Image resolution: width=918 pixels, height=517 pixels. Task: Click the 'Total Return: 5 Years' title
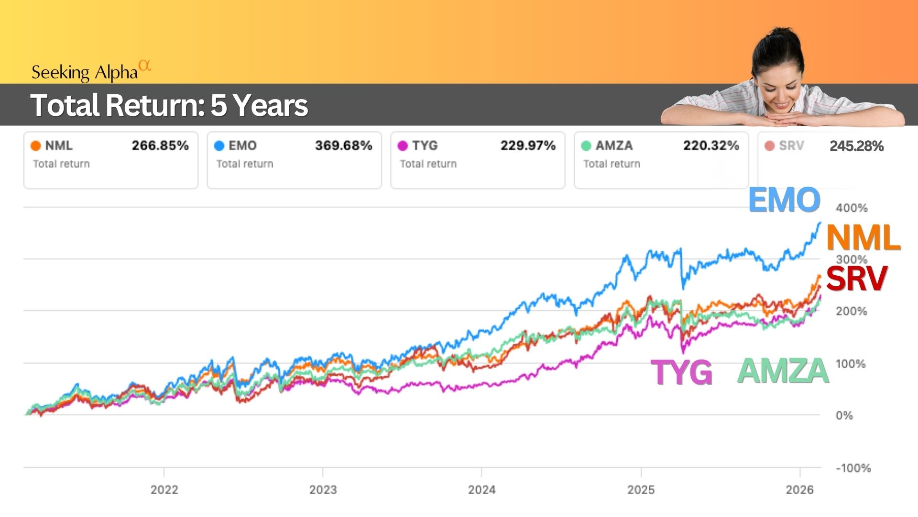click(169, 105)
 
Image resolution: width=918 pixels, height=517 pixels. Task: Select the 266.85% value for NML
click(160, 146)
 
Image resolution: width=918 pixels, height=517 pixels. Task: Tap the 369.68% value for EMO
click(343, 146)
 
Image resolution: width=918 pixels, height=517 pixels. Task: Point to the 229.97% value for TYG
click(528, 146)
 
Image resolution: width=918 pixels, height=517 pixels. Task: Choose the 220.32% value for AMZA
click(711, 146)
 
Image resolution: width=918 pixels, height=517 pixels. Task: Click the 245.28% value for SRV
click(856, 146)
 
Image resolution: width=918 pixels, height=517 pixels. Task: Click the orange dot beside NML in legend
click(35, 146)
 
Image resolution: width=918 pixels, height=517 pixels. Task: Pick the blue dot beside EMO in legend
click(219, 146)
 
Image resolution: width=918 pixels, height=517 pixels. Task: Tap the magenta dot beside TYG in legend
click(403, 146)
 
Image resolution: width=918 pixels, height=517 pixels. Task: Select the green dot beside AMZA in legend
click(586, 146)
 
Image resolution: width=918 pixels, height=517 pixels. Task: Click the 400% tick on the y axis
click(851, 208)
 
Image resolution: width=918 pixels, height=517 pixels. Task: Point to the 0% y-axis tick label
click(844, 416)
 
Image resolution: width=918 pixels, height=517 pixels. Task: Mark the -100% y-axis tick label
click(853, 468)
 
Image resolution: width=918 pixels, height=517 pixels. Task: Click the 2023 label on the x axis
click(323, 490)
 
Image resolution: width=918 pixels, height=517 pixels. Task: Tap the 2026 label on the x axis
click(799, 490)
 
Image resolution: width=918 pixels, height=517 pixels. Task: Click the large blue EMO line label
click(784, 200)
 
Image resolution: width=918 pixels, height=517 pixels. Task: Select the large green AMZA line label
click(783, 371)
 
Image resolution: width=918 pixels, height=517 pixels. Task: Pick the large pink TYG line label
click(681, 372)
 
